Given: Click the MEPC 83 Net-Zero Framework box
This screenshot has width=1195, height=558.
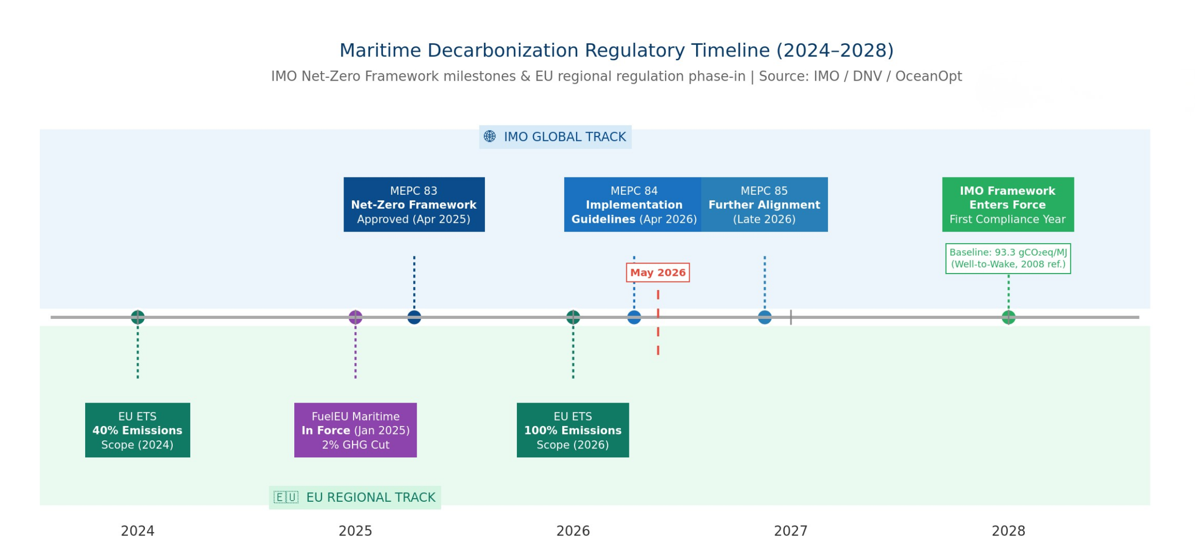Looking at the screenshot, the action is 414,204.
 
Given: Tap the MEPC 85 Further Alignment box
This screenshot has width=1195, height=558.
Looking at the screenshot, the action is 764,204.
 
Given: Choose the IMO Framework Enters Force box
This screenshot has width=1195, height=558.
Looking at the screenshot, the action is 1008,204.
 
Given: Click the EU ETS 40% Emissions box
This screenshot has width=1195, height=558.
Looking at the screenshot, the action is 137,430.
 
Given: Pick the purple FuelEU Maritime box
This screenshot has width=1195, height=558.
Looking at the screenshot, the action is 356,430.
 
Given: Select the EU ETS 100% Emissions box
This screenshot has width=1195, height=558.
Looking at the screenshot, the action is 573,430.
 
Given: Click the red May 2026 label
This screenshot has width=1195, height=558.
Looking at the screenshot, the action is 658,273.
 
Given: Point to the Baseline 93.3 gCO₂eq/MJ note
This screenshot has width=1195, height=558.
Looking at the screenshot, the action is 1008,259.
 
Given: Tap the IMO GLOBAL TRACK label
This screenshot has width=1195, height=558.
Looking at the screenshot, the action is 555,137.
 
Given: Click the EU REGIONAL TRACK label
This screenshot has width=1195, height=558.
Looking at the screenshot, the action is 355,497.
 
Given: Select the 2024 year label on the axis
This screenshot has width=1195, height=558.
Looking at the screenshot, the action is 137,531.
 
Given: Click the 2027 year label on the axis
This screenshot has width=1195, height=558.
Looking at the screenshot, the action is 791,531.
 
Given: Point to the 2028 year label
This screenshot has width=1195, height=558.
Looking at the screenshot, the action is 1008,531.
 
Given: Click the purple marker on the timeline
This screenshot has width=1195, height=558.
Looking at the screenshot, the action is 356,317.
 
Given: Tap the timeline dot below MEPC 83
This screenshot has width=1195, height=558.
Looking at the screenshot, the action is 414,317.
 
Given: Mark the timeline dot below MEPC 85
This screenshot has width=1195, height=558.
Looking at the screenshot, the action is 765,317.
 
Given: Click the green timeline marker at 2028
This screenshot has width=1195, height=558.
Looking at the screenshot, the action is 1008,317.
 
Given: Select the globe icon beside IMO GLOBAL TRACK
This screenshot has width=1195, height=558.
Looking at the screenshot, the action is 490,137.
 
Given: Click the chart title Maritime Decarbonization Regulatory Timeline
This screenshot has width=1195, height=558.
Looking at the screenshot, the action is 616,50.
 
